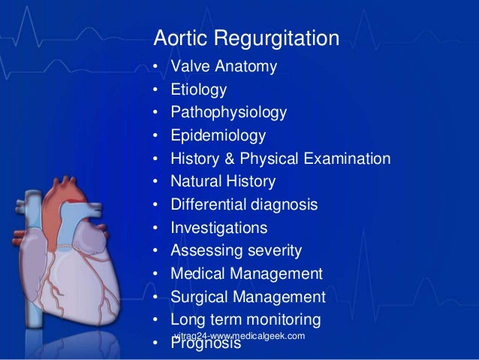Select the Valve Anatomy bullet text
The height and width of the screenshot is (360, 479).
tap(224, 67)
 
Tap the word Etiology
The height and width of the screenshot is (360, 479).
tap(198, 90)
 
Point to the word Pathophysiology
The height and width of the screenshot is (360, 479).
tap(228, 113)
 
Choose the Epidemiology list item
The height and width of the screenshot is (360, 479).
tap(218, 136)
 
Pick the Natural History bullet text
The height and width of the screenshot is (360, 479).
tap(223, 181)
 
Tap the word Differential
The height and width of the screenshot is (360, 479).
tap(206, 204)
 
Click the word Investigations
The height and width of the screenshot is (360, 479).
tap(218, 227)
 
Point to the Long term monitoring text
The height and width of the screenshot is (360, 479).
tap(246, 319)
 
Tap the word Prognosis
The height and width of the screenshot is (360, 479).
tap(206, 345)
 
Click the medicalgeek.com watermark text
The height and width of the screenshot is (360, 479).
tap(239, 335)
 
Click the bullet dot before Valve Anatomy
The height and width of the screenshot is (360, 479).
tap(156, 68)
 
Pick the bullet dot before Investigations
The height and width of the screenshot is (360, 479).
tap(156, 228)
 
